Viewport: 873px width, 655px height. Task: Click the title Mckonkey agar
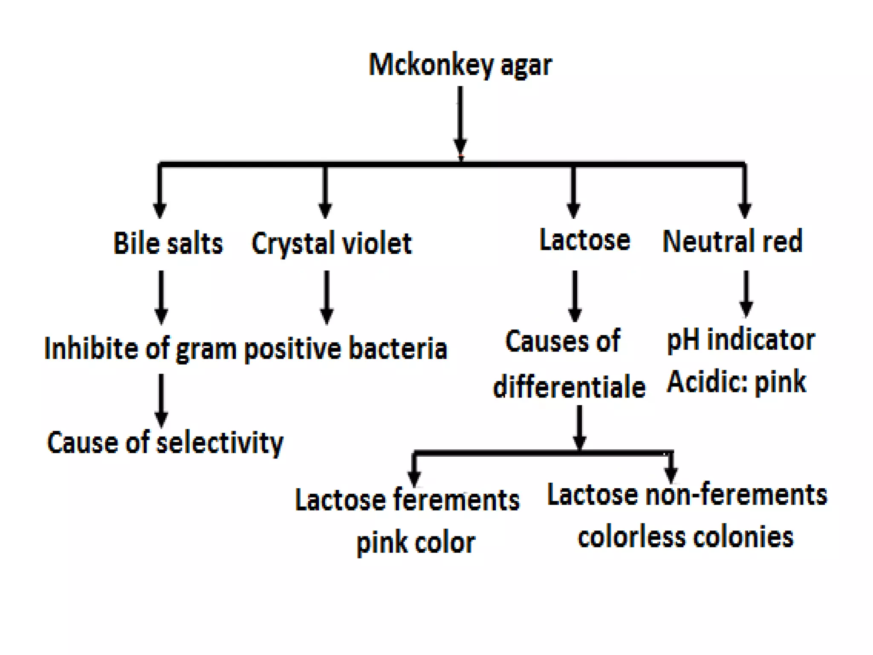tap(460, 65)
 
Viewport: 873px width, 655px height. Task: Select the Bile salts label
tap(168, 243)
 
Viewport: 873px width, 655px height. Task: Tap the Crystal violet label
tap(332, 243)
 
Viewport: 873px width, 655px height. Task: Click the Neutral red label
tap(732, 241)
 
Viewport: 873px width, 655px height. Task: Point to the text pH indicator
tap(741, 340)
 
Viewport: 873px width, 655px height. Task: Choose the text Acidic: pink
tap(736, 382)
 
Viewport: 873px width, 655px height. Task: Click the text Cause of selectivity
tap(165, 443)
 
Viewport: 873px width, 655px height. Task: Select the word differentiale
tap(569, 387)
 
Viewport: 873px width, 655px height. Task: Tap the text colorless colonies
tap(685, 537)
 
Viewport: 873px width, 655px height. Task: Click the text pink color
tap(416, 543)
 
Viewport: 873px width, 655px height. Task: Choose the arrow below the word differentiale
tap(579, 426)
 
